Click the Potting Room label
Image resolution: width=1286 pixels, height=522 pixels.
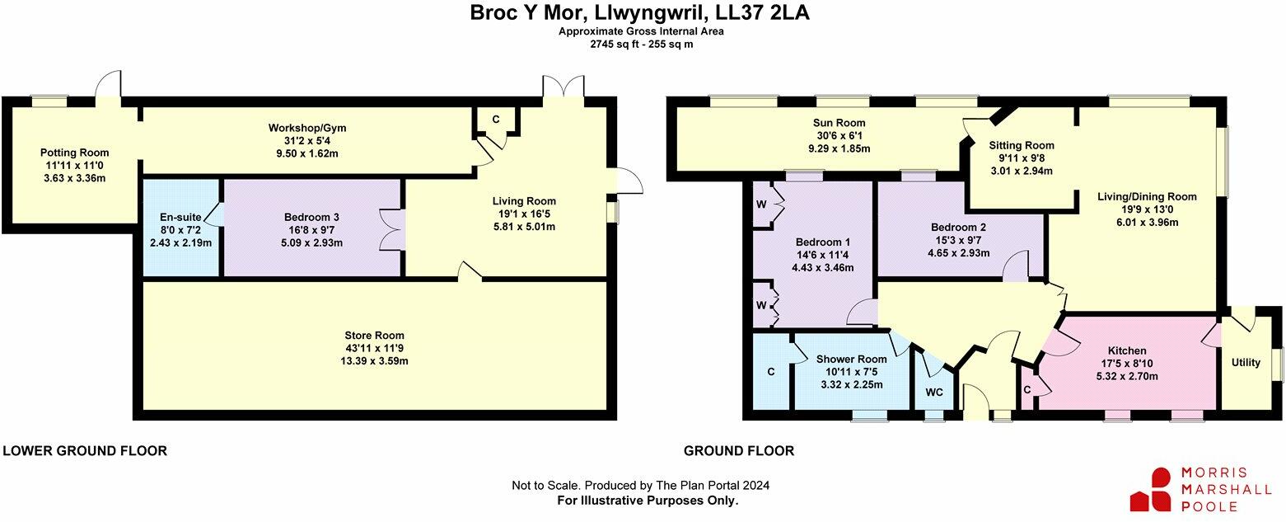pos(74,153)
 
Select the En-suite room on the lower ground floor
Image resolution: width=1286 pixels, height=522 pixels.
pos(180,218)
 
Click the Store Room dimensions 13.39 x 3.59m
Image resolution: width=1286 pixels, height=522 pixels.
pos(374,361)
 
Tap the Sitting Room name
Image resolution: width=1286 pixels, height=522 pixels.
pos(1021,145)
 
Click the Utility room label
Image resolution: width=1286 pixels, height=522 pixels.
pos(1245,362)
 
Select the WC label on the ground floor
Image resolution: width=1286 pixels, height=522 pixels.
pos(933,392)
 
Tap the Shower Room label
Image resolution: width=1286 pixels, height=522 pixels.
pos(851,359)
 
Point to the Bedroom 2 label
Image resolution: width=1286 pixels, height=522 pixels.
pos(957,228)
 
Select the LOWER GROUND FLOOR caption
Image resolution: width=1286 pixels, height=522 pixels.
pos(85,451)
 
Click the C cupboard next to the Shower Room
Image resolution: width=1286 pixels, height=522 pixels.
pos(771,372)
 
